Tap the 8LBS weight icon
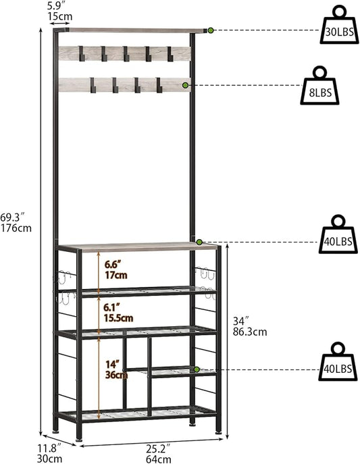coord(319,86)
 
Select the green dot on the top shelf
coord(211,30)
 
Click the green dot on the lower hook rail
coord(185,85)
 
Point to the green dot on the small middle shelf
coord(197,369)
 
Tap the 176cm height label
coord(16,228)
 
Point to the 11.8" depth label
coord(49,448)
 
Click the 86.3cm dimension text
coord(250,332)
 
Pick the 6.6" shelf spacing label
coord(113,264)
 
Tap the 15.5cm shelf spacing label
coord(118,318)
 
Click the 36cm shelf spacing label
coord(116,375)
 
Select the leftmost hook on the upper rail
coord(81,53)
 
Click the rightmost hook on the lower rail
coord(159,85)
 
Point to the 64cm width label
coord(159,459)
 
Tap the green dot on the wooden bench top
coord(199,242)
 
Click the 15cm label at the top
coord(60,16)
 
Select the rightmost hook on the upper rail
coord(170,53)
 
